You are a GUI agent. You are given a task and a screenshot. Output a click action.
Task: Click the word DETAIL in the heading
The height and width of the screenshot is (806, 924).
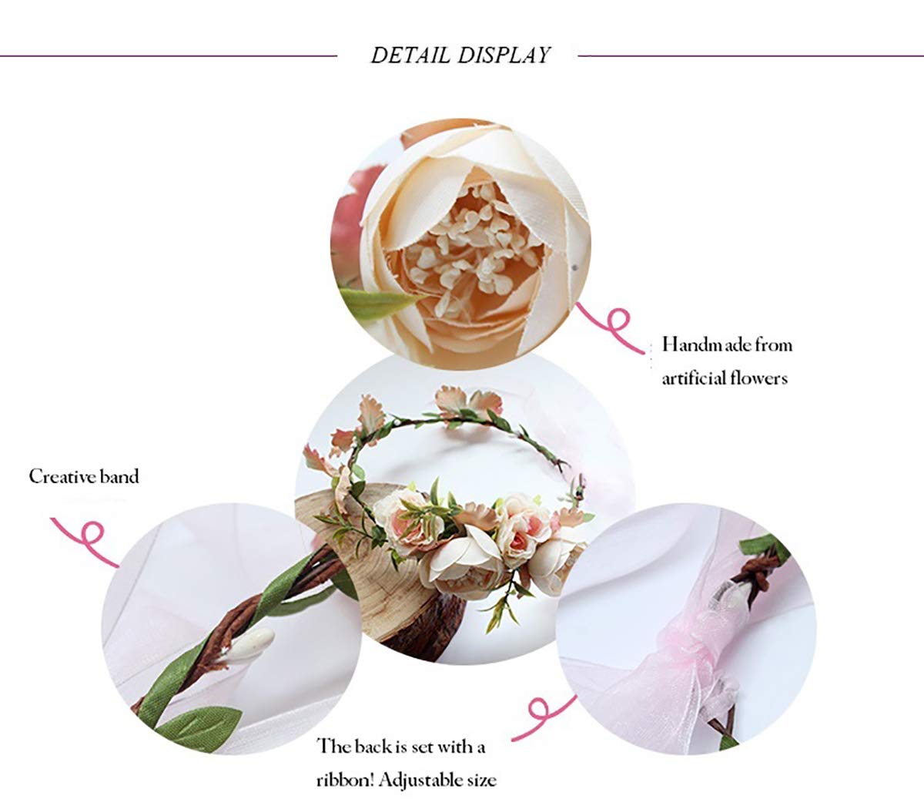pos(410,55)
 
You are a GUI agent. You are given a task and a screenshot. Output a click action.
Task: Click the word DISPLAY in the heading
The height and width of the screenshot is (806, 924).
pos(504,55)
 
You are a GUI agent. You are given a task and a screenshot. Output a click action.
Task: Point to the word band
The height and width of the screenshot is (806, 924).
pos(119,477)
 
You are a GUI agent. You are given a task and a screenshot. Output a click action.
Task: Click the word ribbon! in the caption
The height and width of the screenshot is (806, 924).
pos(346,781)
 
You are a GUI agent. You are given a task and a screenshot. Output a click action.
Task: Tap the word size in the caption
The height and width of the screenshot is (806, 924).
pos(484,781)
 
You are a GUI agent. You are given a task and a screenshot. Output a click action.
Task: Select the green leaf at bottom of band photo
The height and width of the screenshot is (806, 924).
pos(199,726)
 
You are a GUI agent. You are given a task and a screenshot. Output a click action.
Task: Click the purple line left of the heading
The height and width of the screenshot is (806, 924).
pos(169,56)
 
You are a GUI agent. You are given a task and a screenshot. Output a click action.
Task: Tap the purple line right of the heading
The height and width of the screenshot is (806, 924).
pos(751,56)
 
